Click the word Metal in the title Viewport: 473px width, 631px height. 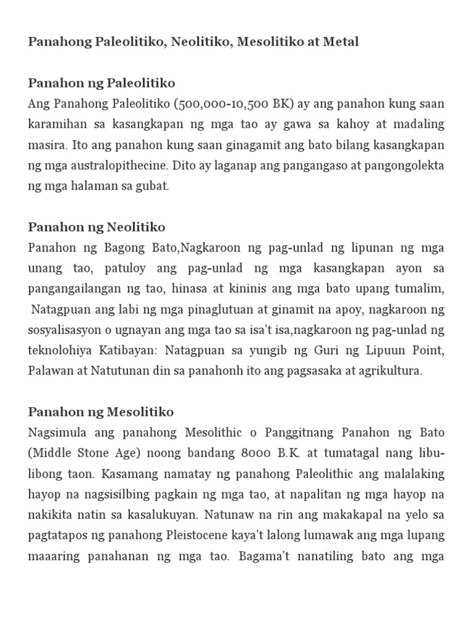click(x=341, y=42)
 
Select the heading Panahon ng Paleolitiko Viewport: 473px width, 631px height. click(x=102, y=83)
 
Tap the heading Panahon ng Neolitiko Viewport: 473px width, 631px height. click(x=97, y=227)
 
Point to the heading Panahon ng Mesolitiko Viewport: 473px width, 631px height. click(x=101, y=412)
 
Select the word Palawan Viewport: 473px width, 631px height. click(x=51, y=371)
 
